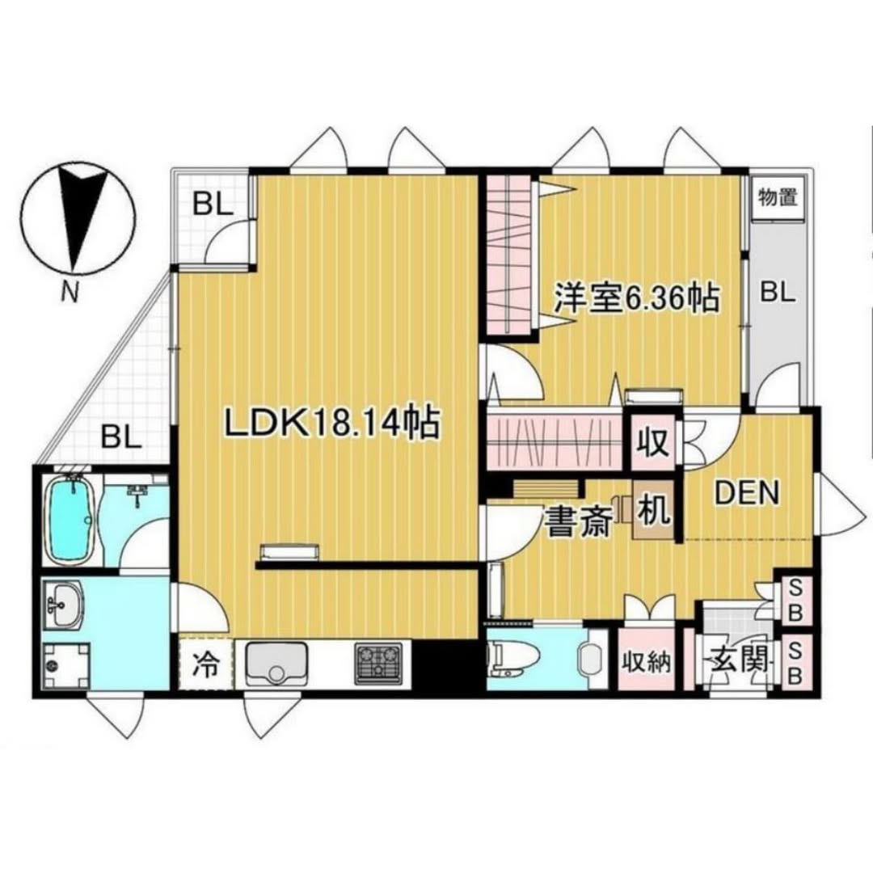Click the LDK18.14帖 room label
332,423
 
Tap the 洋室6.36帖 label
636,299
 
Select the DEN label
747,493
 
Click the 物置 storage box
778,198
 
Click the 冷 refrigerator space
205,664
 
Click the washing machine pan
67,665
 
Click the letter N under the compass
70,291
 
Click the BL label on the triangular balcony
121,437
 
